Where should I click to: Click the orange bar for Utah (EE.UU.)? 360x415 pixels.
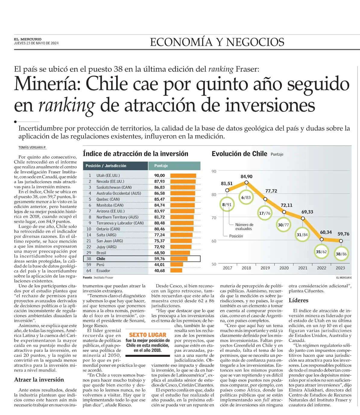183,175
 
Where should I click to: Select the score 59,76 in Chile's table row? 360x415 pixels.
159,259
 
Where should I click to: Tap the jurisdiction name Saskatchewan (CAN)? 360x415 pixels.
114,187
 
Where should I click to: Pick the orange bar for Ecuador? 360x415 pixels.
176,270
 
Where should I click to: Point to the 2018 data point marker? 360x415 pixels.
247,182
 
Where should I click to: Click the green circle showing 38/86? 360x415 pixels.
341,254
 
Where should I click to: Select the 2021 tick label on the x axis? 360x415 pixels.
303,268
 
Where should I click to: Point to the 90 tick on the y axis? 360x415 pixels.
214,171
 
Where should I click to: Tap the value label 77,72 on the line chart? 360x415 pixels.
271,191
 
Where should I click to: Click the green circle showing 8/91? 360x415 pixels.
227,204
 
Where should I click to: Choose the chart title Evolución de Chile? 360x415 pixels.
239,154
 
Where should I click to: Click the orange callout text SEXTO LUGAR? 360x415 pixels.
148,335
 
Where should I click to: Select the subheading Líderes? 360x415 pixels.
298,300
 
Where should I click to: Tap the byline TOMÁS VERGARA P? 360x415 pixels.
32,147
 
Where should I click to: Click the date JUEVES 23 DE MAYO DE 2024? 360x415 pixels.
36,43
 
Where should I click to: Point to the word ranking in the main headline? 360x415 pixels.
67,105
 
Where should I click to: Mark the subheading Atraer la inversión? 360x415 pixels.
39,380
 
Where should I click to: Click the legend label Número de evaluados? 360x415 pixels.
244,226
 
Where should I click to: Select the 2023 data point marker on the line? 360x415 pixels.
341,241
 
